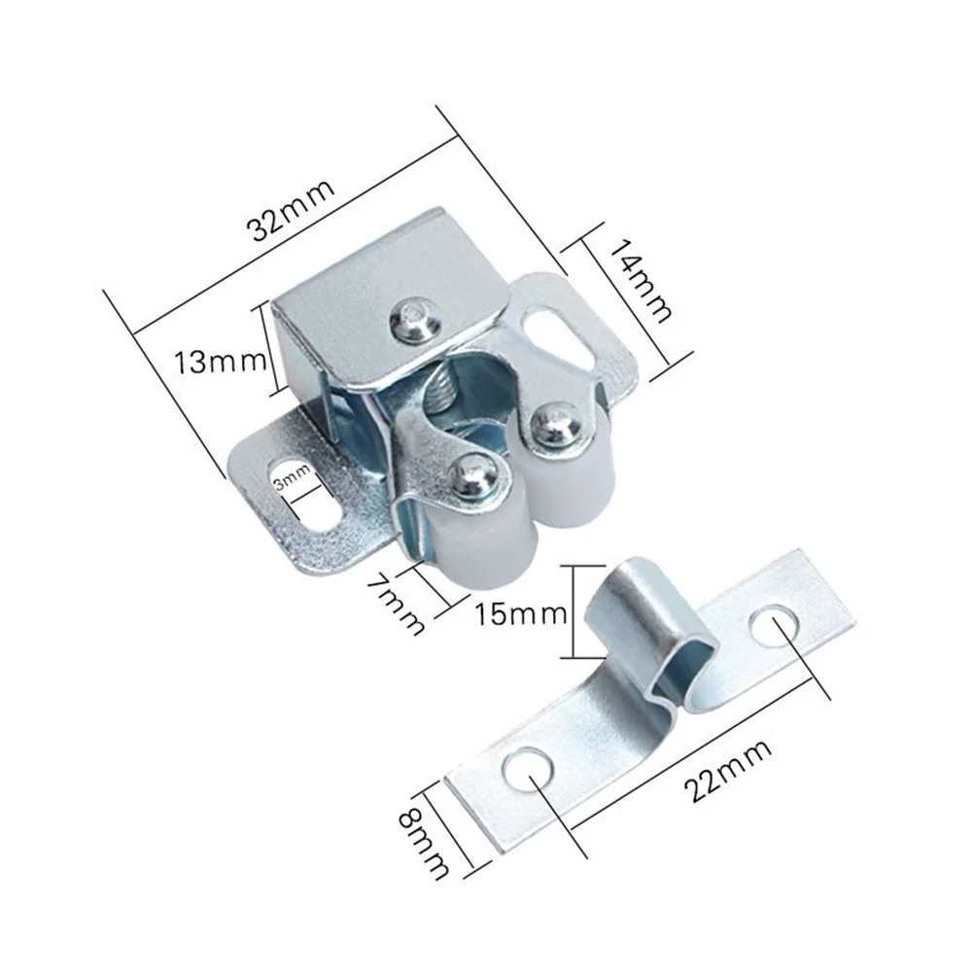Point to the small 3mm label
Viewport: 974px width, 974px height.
click(291, 479)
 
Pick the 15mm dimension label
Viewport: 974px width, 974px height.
click(520, 613)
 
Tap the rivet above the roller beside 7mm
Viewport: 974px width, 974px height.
click(474, 474)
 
